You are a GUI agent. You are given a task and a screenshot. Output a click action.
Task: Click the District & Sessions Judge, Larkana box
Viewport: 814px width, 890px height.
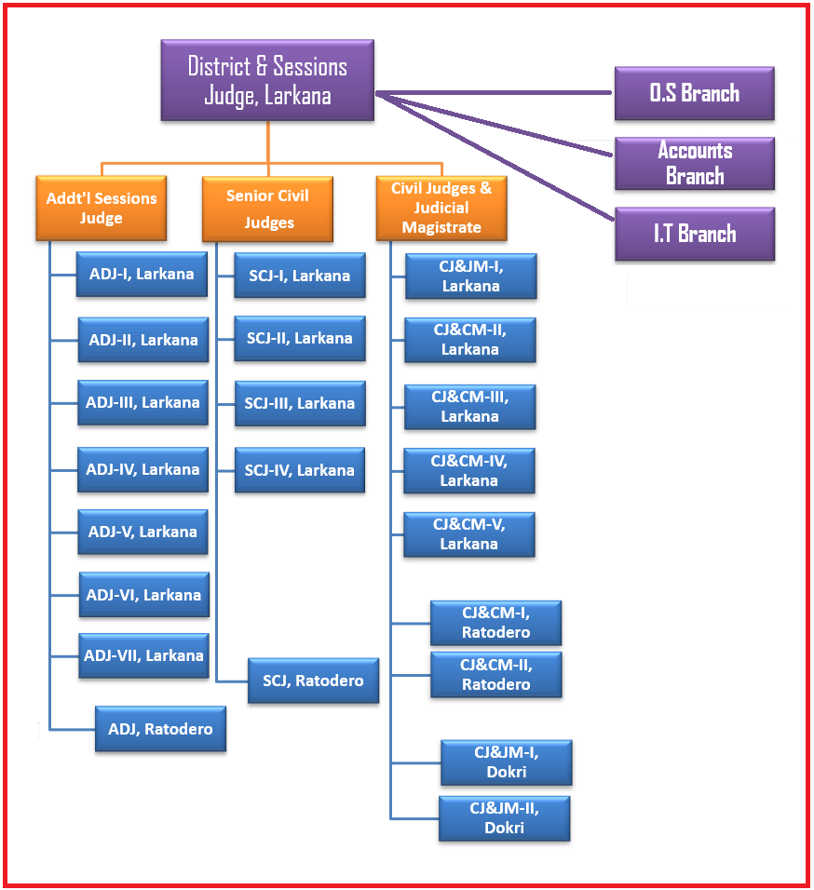[267, 80]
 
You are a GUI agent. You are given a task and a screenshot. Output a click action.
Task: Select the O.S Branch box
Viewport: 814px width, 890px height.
[694, 93]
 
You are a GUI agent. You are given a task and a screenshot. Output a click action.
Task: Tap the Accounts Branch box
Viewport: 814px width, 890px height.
[694, 163]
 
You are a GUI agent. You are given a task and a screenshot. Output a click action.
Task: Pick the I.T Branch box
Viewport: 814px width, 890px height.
[694, 234]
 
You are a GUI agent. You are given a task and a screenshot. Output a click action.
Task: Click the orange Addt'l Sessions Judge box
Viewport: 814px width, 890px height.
[102, 208]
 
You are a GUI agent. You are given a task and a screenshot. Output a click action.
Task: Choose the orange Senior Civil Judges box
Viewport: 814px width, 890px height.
[267, 208]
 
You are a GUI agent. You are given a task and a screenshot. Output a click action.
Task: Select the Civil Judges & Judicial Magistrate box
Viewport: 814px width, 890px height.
[441, 208]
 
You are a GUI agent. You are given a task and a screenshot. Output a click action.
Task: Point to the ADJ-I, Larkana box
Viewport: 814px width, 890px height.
[142, 274]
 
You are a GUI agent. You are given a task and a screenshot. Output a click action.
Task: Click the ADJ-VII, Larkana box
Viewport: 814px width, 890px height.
[143, 655]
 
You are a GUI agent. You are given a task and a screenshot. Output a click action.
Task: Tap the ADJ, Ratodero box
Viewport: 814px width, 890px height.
[160, 729]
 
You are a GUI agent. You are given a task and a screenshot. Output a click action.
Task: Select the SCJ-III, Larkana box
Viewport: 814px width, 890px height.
[299, 404]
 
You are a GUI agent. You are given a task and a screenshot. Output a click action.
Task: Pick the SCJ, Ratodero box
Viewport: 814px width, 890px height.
[313, 681]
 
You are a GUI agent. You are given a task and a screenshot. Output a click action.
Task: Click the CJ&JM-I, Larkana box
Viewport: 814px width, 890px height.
[470, 276]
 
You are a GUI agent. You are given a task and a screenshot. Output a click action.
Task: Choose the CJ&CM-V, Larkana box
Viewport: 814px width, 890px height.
[468, 534]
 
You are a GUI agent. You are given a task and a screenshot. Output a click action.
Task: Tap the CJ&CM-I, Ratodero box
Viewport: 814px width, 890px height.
[495, 623]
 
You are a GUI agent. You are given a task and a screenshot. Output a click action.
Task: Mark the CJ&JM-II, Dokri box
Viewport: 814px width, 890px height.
[504, 818]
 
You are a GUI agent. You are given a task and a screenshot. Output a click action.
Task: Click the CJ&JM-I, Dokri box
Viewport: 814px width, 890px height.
[506, 762]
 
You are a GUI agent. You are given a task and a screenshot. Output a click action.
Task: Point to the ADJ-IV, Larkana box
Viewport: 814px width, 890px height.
[142, 469]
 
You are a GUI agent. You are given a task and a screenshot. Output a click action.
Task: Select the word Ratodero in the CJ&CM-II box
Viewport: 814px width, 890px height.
[496, 685]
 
